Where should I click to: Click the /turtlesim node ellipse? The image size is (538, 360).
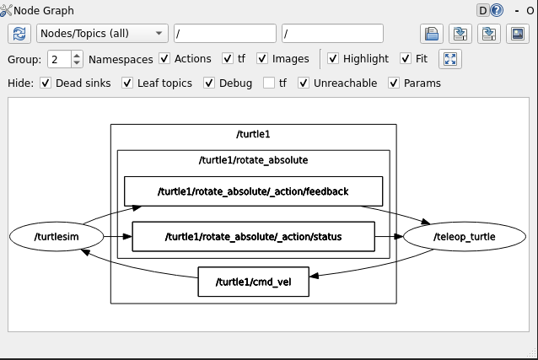(x=56, y=237)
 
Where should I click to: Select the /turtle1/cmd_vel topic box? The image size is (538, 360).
(x=253, y=282)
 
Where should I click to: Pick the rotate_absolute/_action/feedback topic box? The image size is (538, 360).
(x=253, y=191)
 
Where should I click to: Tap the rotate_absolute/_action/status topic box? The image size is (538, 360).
(x=253, y=237)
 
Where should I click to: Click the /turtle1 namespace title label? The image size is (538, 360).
(x=253, y=134)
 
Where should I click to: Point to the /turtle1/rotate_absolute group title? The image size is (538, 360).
(x=253, y=159)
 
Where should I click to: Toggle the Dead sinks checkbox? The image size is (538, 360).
(x=46, y=83)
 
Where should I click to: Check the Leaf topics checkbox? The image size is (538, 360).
(x=127, y=83)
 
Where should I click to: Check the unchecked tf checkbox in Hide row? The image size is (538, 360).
(x=269, y=83)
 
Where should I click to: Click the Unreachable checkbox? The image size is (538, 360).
(x=304, y=83)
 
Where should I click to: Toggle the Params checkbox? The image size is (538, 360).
(x=394, y=83)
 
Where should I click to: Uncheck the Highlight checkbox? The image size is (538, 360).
(x=333, y=59)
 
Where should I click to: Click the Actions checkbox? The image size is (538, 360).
(x=164, y=59)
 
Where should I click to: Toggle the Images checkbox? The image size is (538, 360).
(x=262, y=59)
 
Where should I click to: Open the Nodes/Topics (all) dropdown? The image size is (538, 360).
(x=102, y=34)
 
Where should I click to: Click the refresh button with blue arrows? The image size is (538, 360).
(x=19, y=34)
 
